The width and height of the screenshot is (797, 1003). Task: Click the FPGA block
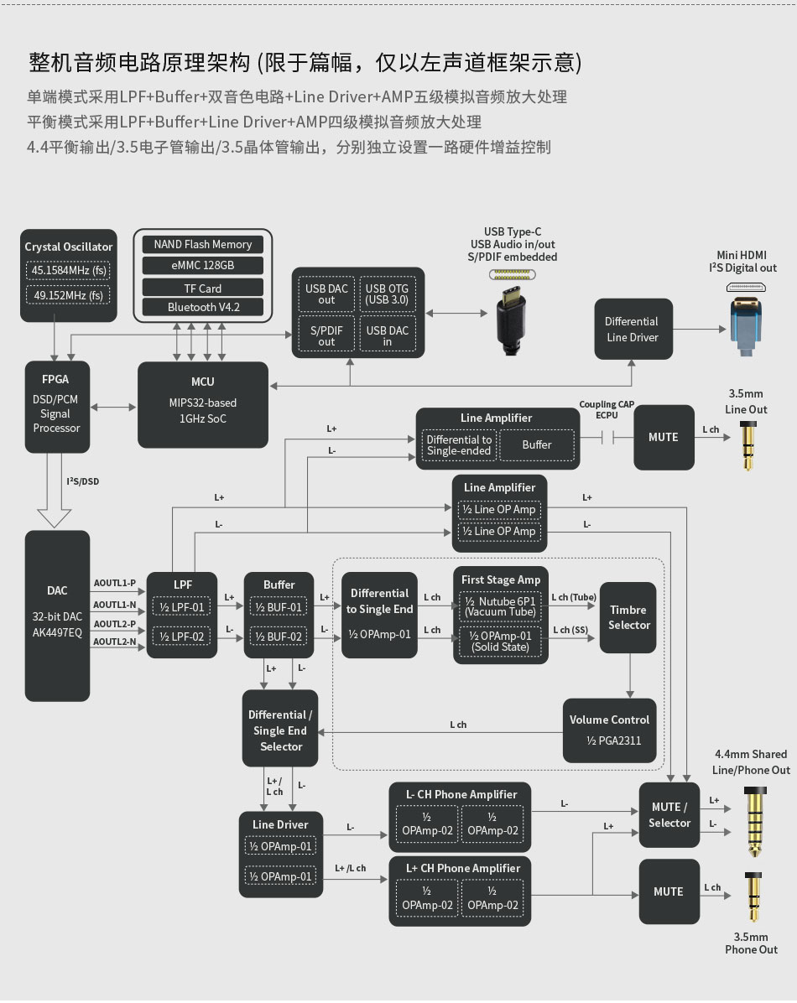[x=57, y=404]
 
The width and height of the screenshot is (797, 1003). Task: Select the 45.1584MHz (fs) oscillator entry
[x=69, y=271]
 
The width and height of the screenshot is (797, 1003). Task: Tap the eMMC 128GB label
[x=202, y=265]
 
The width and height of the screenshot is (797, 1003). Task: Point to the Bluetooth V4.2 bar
[x=202, y=308]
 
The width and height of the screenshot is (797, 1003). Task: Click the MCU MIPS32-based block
[x=202, y=404]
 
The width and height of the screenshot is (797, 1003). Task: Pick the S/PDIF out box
[x=326, y=336]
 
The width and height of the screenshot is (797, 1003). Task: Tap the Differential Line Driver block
[x=632, y=330]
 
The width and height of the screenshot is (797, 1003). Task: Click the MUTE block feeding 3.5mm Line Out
[x=664, y=437]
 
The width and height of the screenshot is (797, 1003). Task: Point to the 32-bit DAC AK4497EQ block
[x=57, y=615]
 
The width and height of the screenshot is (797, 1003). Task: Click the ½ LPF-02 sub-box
[x=182, y=637]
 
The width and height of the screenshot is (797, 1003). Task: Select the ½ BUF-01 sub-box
[x=279, y=607]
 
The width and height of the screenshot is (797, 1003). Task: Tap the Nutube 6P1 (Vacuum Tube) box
[x=500, y=607]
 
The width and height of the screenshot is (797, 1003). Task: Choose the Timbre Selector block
[x=628, y=617]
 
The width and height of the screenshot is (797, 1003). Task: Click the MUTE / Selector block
[x=669, y=815]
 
